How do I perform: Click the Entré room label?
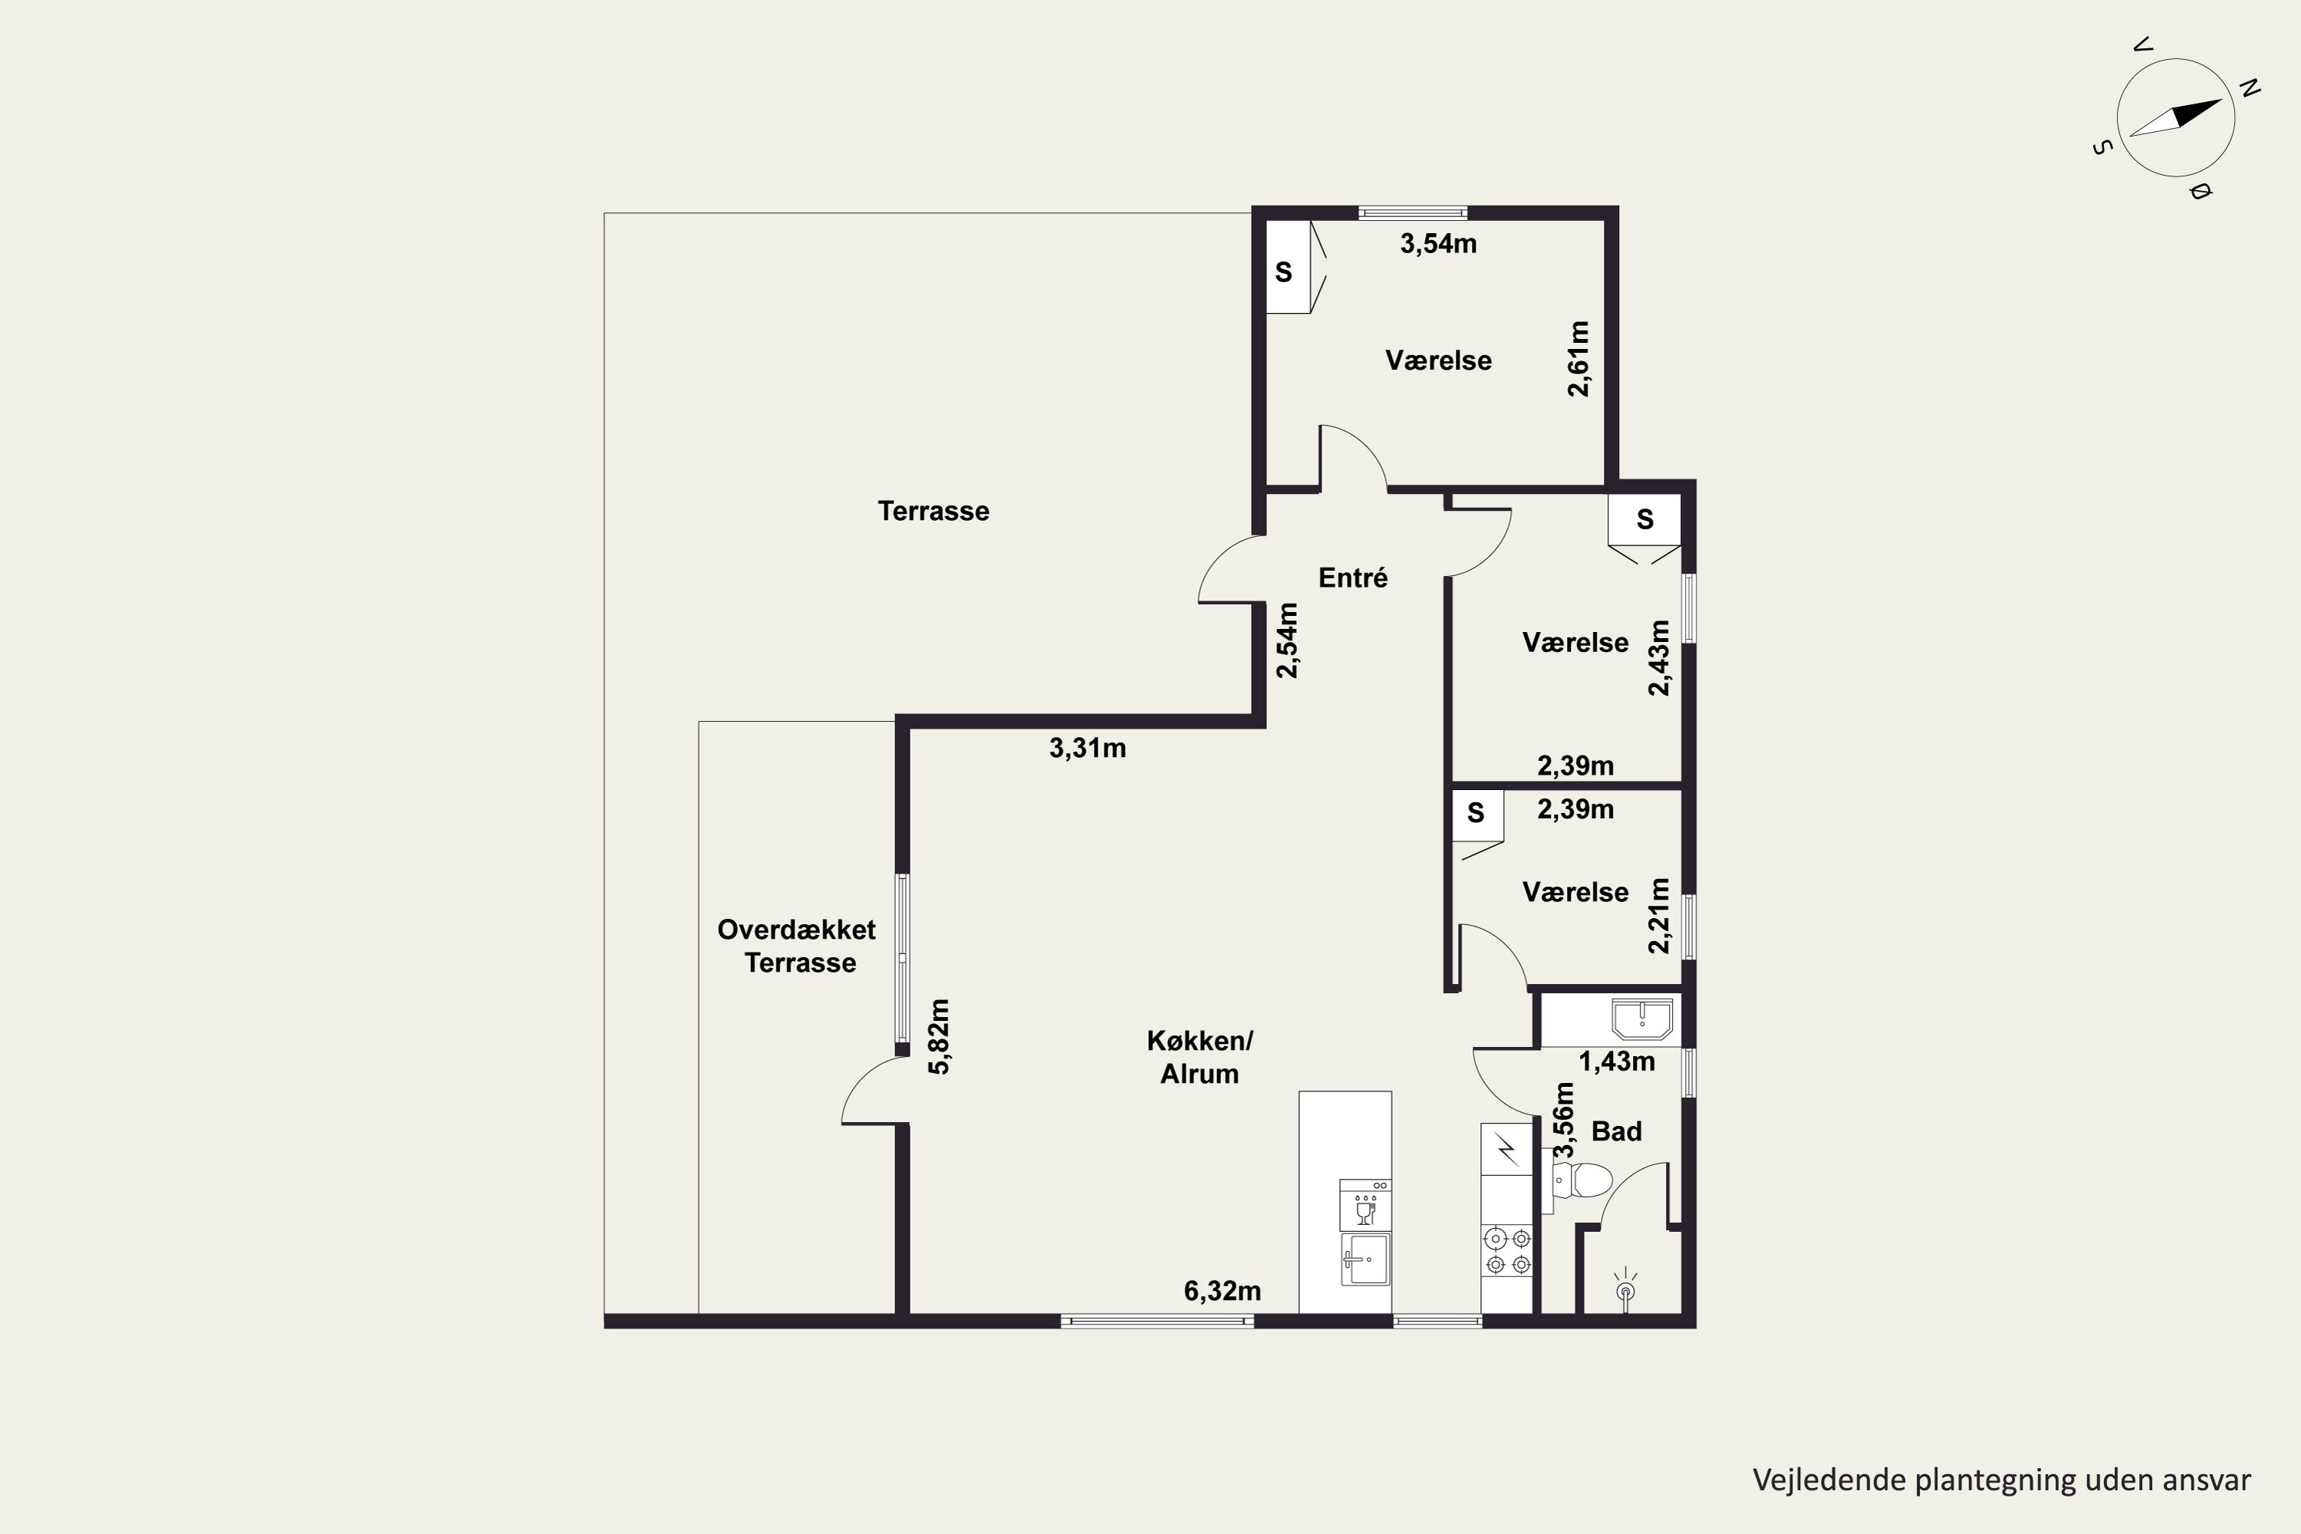[x=1352, y=578]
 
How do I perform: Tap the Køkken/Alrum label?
[x=1200, y=1057]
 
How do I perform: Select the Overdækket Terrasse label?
[x=798, y=946]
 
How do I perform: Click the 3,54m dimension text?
[x=1438, y=244]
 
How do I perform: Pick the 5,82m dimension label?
[x=938, y=1037]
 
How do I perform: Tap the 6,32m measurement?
[x=1222, y=1292]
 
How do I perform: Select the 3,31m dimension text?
[x=1087, y=749]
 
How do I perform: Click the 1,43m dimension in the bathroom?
[x=1617, y=1062]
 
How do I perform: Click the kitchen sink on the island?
[x=1364, y=1259]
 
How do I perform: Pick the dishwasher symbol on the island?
[x=1364, y=1205]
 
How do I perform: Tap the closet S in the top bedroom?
[x=1283, y=272]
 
